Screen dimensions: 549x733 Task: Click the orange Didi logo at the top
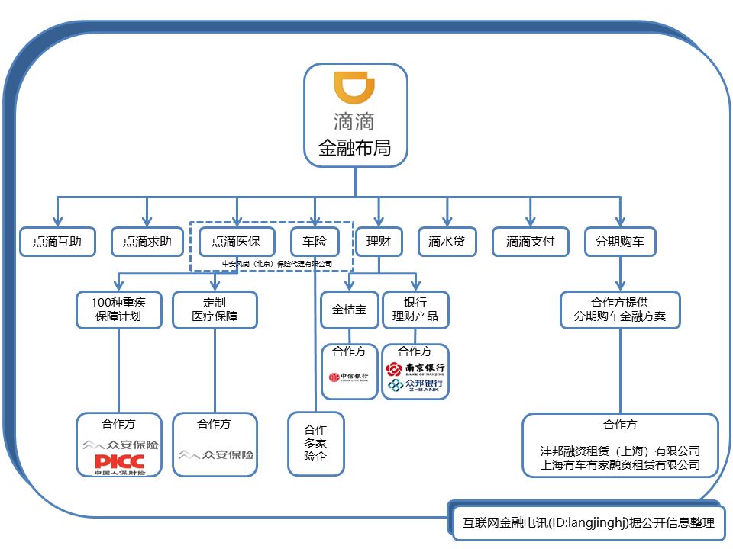coord(355,90)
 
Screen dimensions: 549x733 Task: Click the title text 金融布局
coord(354,148)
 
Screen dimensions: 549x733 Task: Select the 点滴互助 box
coord(57,242)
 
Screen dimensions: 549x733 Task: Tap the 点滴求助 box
coord(147,242)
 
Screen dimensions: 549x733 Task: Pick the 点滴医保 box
coord(236,242)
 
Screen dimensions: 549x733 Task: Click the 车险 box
coord(315,242)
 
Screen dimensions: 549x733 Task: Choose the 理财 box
coord(379,242)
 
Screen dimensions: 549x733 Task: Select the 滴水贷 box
coord(447,242)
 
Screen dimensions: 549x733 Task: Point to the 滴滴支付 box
coord(530,242)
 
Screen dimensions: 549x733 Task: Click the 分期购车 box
coord(619,242)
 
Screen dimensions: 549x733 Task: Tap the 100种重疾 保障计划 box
coord(118,309)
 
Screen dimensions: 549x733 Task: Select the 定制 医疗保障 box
coord(215,309)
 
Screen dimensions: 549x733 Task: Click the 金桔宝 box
coord(349,310)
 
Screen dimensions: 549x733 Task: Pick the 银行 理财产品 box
coord(415,309)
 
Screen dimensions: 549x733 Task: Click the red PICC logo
coord(118,462)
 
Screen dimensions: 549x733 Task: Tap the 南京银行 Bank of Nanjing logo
coord(415,369)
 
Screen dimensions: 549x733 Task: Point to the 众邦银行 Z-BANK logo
coord(415,387)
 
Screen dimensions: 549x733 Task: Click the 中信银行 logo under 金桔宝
coord(349,377)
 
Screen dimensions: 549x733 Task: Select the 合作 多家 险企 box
coord(315,444)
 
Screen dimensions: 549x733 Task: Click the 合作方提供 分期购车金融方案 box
coord(619,309)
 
